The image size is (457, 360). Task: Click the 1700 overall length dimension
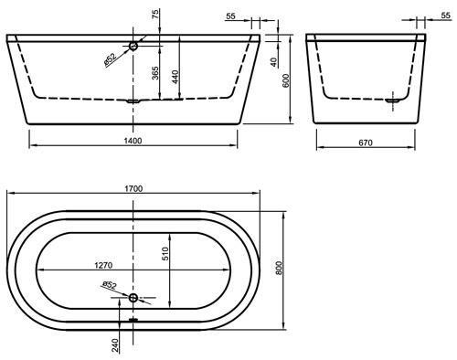click(133, 189)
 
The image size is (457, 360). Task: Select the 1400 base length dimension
click(133, 141)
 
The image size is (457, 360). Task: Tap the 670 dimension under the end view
click(366, 143)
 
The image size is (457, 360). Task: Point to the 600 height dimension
click(286, 80)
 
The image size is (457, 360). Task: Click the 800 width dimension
click(279, 268)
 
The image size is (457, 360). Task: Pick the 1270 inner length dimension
click(103, 266)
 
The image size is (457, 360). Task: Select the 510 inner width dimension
click(165, 253)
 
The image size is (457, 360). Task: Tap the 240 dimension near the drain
click(115, 345)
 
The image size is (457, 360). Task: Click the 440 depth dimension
click(175, 77)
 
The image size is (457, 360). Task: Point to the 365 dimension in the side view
click(155, 73)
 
